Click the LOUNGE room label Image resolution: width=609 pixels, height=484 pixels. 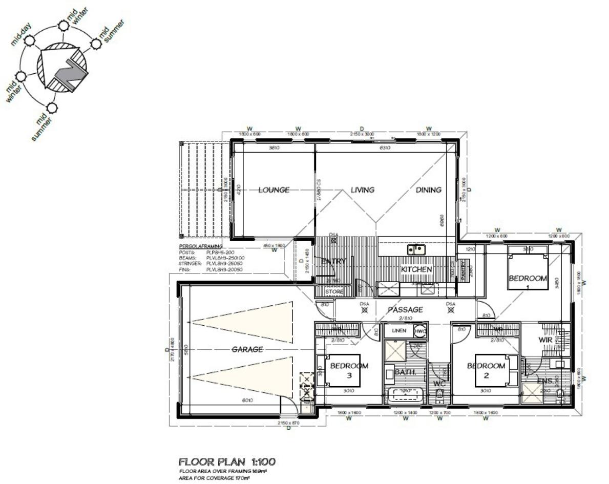coord(274,190)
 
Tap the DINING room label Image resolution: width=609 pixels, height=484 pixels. coord(428,190)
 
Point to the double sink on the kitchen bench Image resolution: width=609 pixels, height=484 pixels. coord(416,250)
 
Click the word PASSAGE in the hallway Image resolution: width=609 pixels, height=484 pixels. coord(405,310)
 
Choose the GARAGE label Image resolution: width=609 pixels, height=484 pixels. coord(247,349)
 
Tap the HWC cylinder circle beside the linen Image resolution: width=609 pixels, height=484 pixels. coord(420,331)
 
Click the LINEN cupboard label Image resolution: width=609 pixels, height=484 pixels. coord(398,331)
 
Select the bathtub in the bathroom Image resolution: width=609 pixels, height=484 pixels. coord(404,395)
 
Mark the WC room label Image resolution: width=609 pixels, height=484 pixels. coord(439,383)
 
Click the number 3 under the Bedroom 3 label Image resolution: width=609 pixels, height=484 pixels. coord(349,375)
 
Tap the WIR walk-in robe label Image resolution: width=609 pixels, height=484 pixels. coord(544,340)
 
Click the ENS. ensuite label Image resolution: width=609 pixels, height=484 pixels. coord(544,381)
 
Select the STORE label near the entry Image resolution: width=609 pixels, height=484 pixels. coord(335,292)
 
